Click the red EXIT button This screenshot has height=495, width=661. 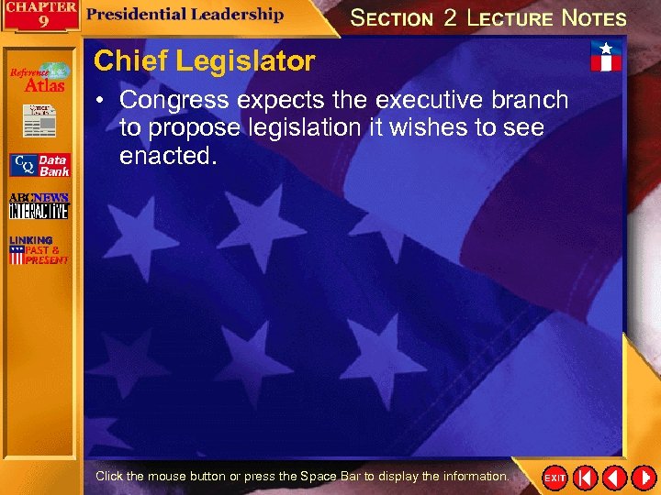point(555,478)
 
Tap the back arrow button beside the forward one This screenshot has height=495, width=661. point(613,478)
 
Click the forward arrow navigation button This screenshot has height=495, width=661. point(643,478)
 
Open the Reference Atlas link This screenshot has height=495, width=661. point(39,79)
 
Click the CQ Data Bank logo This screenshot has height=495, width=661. point(39,165)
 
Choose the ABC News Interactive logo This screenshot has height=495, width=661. point(39,206)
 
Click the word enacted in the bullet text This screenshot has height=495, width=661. point(168,156)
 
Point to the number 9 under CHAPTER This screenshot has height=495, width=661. point(43,22)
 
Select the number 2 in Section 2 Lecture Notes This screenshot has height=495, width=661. point(450,17)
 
